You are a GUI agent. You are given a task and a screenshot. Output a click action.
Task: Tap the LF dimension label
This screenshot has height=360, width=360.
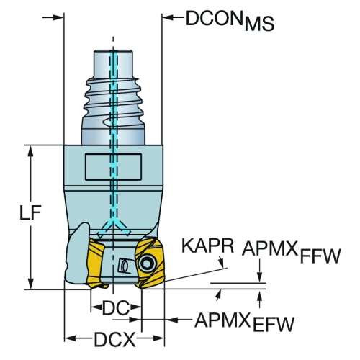pyautogui.click(x=30, y=212)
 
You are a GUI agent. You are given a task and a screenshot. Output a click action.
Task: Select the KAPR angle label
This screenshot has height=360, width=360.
pyautogui.click(x=208, y=246)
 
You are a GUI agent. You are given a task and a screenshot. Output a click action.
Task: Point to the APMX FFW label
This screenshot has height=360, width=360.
pyautogui.click(x=292, y=251)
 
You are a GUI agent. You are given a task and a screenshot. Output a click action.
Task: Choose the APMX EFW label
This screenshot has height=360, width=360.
pyautogui.click(x=244, y=322)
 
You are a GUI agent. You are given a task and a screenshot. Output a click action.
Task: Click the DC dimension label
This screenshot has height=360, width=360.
pyautogui.click(x=116, y=308)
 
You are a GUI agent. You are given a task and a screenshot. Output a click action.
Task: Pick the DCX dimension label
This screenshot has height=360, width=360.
pyautogui.click(x=114, y=339)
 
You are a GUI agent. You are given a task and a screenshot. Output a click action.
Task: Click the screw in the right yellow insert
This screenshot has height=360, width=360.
pyautogui.click(x=147, y=264)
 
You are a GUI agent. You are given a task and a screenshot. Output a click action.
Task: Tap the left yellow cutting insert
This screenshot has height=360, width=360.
pyautogui.click(x=96, y=263)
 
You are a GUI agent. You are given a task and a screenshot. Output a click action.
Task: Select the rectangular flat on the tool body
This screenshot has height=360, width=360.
pyautogui.click(x=113, y=166)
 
